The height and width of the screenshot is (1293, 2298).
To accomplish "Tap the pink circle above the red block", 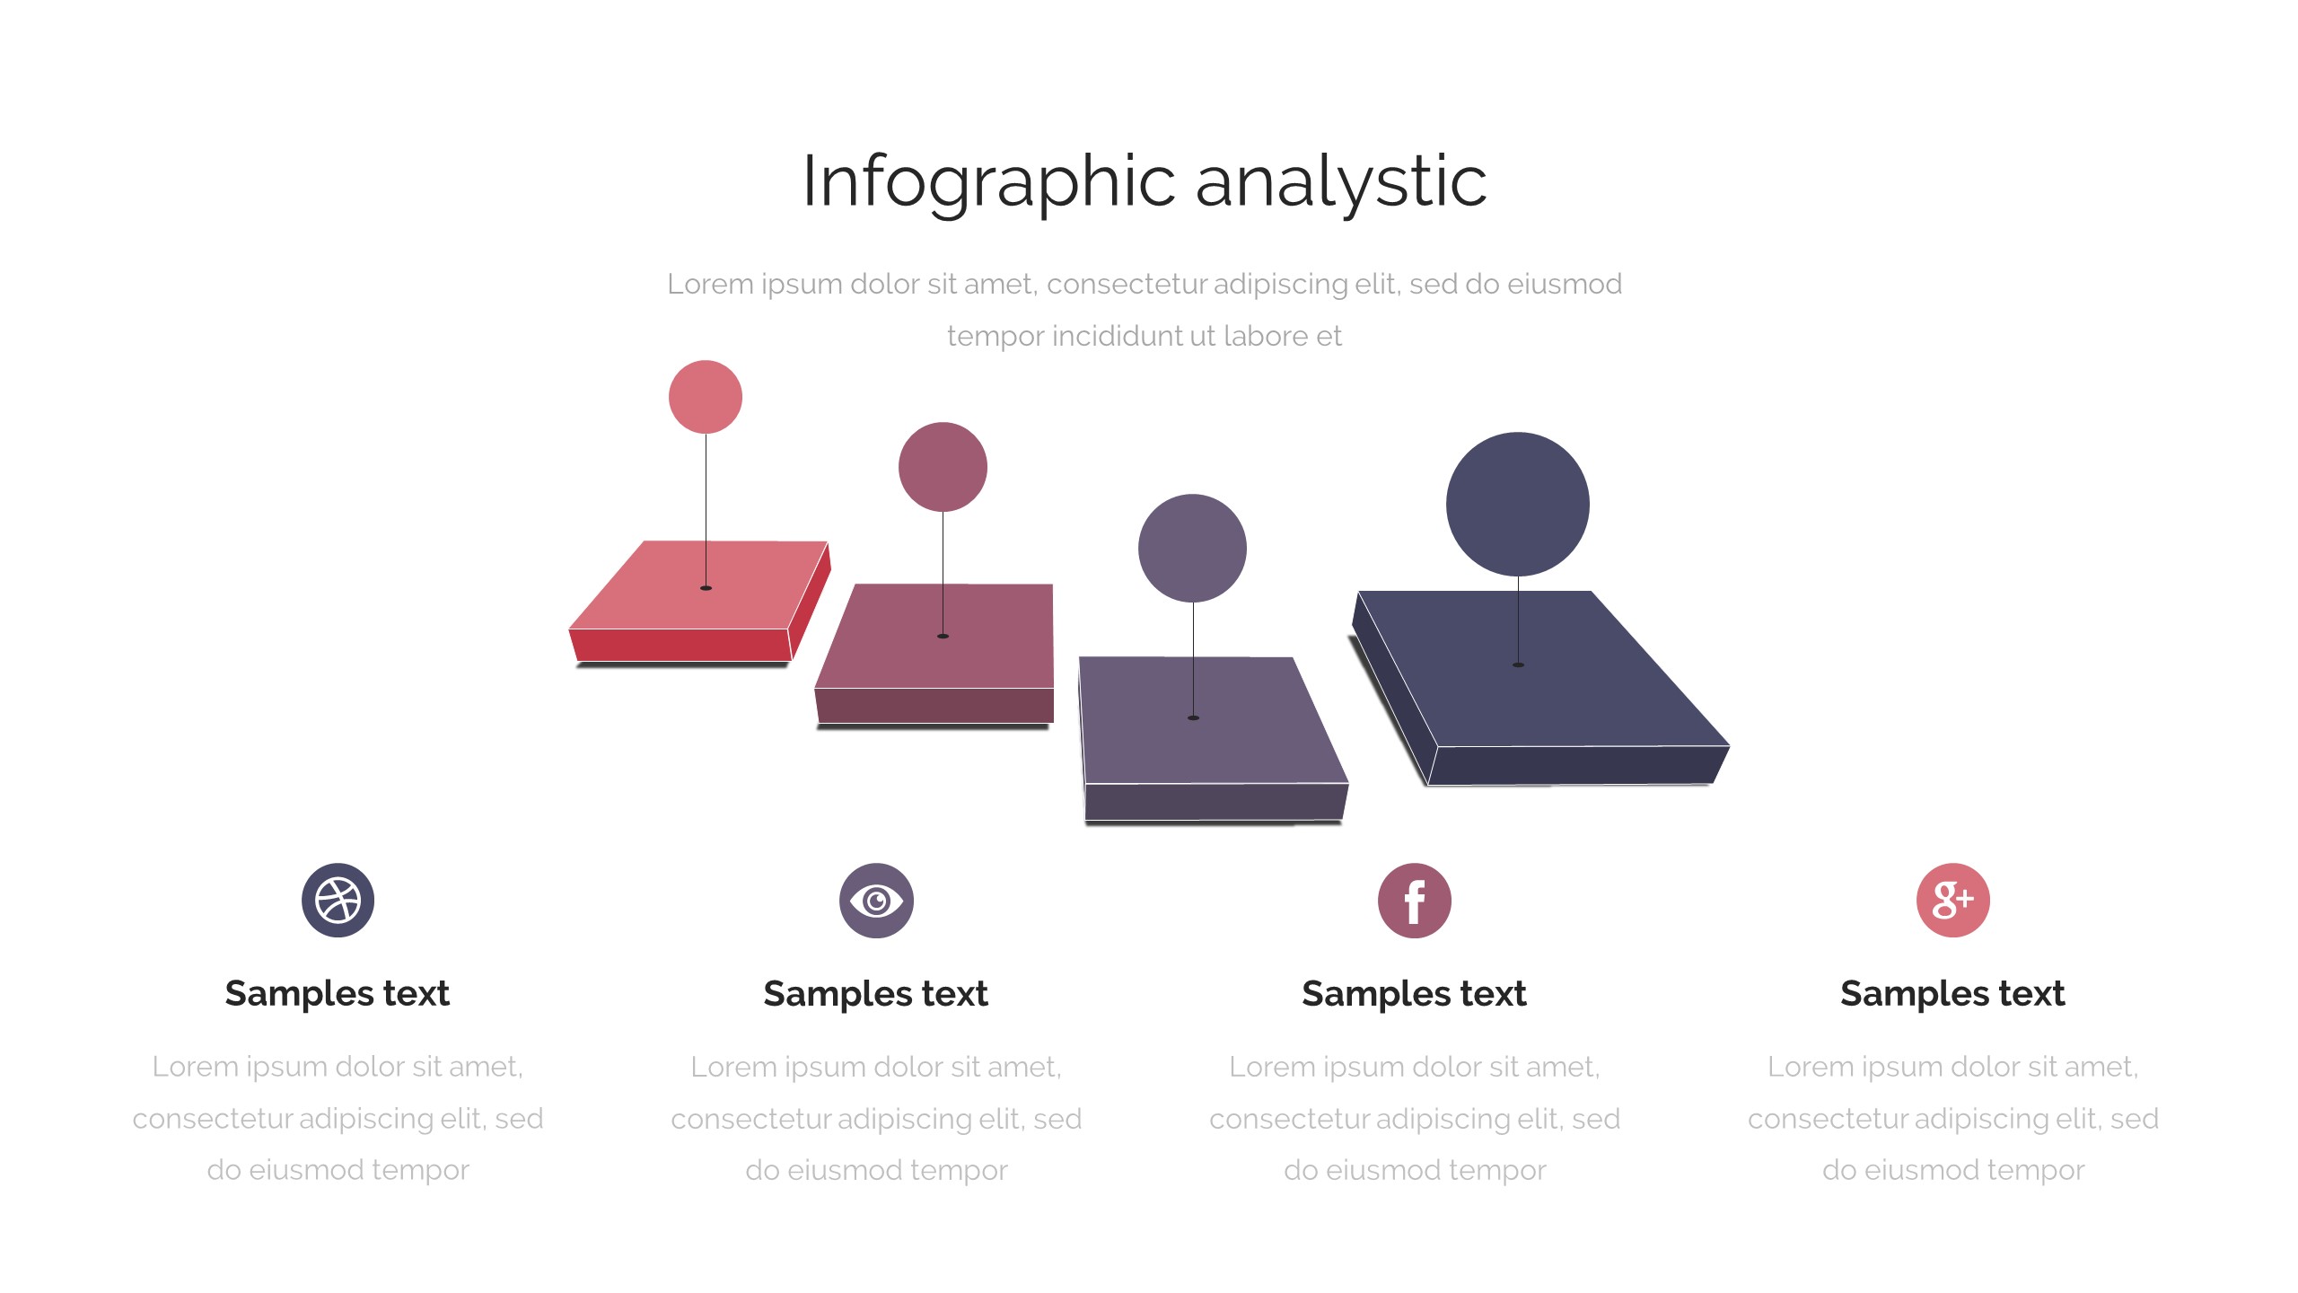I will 706,397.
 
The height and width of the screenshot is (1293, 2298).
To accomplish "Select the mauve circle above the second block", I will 943,467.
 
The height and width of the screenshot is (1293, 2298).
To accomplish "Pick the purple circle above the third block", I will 1192,548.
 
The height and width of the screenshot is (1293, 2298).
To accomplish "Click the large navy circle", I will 1517,504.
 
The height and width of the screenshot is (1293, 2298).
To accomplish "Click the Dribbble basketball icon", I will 338,900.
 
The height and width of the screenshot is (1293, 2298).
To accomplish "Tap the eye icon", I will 876,901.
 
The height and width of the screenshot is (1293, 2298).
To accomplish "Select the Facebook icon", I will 1415,901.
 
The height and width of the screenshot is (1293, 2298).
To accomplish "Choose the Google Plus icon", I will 1952,900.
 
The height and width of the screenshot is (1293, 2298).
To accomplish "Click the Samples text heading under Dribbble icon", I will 338,993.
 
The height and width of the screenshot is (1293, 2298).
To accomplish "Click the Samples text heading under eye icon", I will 876,993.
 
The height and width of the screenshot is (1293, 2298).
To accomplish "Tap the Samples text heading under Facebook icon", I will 1415,993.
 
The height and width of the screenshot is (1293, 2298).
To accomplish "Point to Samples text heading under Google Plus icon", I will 1952,993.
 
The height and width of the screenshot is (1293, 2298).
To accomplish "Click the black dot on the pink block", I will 706,588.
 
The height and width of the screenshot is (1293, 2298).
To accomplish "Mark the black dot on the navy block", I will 1518,664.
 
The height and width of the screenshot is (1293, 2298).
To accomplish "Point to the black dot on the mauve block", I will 943,637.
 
